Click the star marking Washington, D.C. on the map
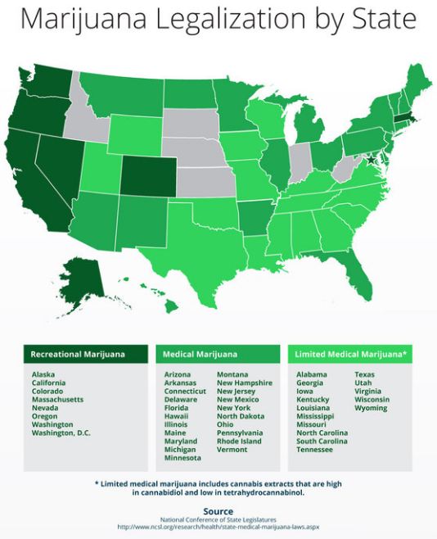coord(372,161)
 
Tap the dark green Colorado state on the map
coord(148,174)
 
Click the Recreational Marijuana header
coord(78,354)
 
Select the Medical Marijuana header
coord(200,354)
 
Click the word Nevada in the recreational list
coord(46,408)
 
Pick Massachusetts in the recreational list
coord(59,399)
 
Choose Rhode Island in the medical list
coord(240,441)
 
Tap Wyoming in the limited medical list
coord(371,408)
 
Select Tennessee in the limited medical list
coord(314,450)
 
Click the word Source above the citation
coord(218,511)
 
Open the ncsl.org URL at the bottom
coord(218,527)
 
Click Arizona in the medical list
coord(178,374)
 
